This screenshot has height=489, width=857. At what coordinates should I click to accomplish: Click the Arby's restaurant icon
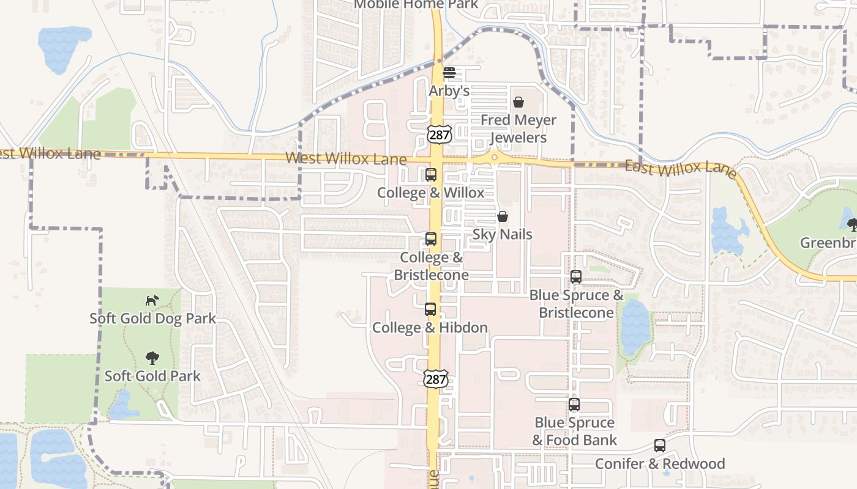pos(449,73)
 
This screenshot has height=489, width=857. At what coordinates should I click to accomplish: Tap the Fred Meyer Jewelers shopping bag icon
pos(518,102)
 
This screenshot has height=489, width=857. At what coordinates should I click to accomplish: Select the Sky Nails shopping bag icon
pos(503,216)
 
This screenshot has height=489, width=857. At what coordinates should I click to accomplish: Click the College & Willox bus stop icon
pos(431,175)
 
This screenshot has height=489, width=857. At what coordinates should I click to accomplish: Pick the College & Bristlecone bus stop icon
pos(431,239)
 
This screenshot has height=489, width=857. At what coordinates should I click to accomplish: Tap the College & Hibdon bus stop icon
pos(430,309)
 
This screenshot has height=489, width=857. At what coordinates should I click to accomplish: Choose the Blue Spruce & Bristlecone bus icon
pos(576,277)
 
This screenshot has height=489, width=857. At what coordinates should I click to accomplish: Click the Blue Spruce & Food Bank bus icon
pos(574,405)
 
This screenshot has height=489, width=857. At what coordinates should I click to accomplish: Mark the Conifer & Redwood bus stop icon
pos(660,446)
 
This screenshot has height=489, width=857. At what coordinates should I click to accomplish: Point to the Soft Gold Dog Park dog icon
pos(152,300)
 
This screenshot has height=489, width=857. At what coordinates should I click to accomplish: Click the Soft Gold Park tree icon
pos(152,358)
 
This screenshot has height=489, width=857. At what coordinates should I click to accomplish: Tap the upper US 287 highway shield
pos(440,134)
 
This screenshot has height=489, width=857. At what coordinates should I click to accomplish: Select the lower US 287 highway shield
pos(435,378)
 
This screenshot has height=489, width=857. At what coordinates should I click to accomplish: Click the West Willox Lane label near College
pos(346,159)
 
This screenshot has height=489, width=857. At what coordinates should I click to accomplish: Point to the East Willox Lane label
pos(681,167)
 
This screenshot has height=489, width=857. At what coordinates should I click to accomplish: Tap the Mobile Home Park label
pos(416,4)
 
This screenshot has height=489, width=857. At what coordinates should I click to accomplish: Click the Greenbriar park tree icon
pos(852,225)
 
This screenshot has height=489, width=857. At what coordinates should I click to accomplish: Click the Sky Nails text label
pos(503,235)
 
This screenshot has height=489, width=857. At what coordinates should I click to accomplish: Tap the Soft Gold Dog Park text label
pos(153,318)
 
